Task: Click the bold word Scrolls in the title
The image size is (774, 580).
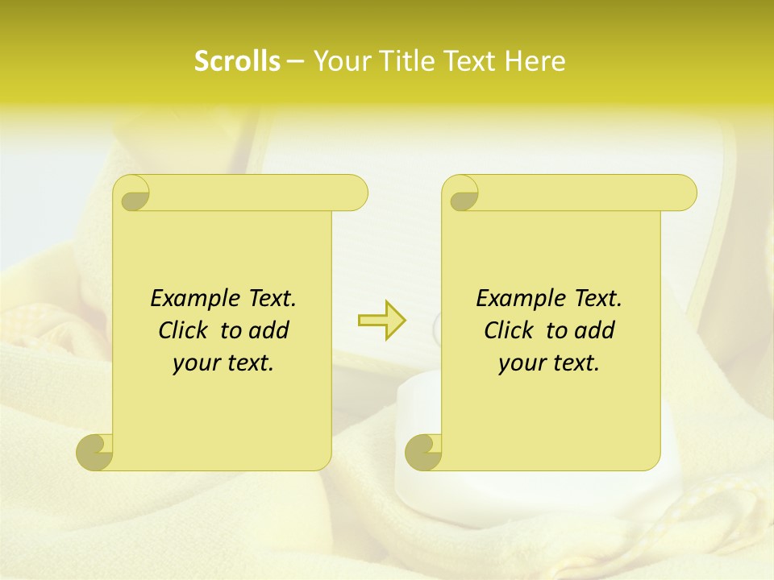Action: (x=237, y=61)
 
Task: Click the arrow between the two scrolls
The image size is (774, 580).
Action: (x=381, y=321)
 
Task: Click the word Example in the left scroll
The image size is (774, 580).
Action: (x=193, y=299)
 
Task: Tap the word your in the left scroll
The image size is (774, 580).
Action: (x=197, y=363)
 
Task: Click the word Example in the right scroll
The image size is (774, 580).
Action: (x=518, y=299)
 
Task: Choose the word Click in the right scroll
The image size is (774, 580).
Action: (x=510, y=330)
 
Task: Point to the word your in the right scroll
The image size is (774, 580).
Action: (x=522, y=363)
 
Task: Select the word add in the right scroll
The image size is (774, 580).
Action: (x=595, y=330)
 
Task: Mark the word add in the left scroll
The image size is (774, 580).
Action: (x=269, y=330)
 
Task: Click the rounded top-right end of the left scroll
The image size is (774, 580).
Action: (x=356, y=193)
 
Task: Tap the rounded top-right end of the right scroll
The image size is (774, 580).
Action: (x=685, y=193)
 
